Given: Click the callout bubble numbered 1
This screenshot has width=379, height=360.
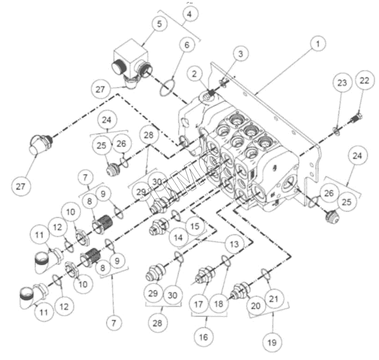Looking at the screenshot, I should (x=318, y=44).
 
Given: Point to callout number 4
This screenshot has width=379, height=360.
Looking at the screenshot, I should (x=191, y=14).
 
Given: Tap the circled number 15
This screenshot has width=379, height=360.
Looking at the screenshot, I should (x=195, y=226).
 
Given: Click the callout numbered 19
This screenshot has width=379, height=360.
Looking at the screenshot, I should (x=271, y=342).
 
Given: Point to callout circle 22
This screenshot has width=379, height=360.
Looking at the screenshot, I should (x=366, y=80).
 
